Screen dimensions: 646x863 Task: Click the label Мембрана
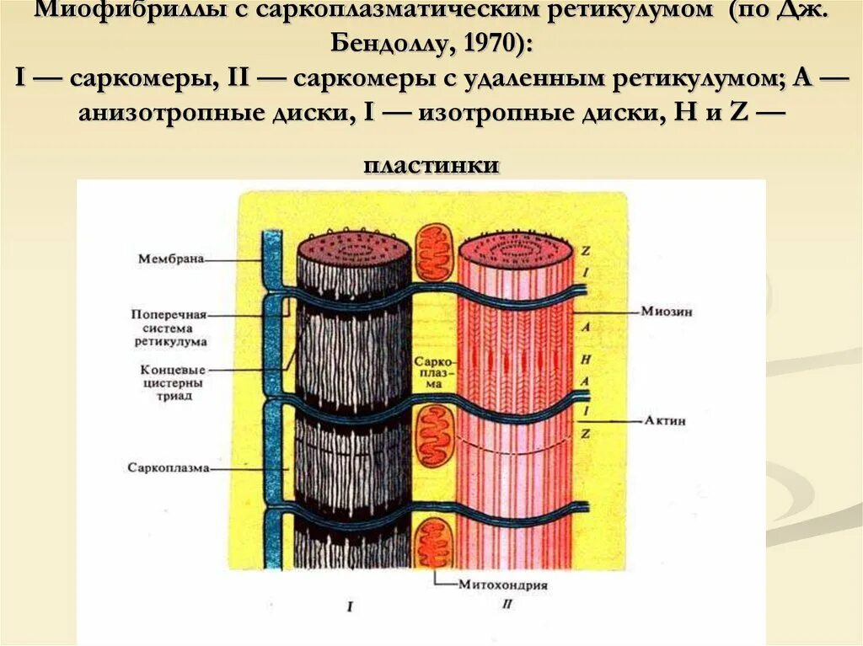(x=171, y=259)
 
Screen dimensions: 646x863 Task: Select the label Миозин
(x=652, y=312)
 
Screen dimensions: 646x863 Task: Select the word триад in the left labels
(x=172, y=396)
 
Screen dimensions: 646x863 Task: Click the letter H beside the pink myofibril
(x=584, y=358)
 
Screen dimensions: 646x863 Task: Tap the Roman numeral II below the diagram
(x=506, y=604)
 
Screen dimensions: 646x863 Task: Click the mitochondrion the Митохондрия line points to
(x=436, y=541)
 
